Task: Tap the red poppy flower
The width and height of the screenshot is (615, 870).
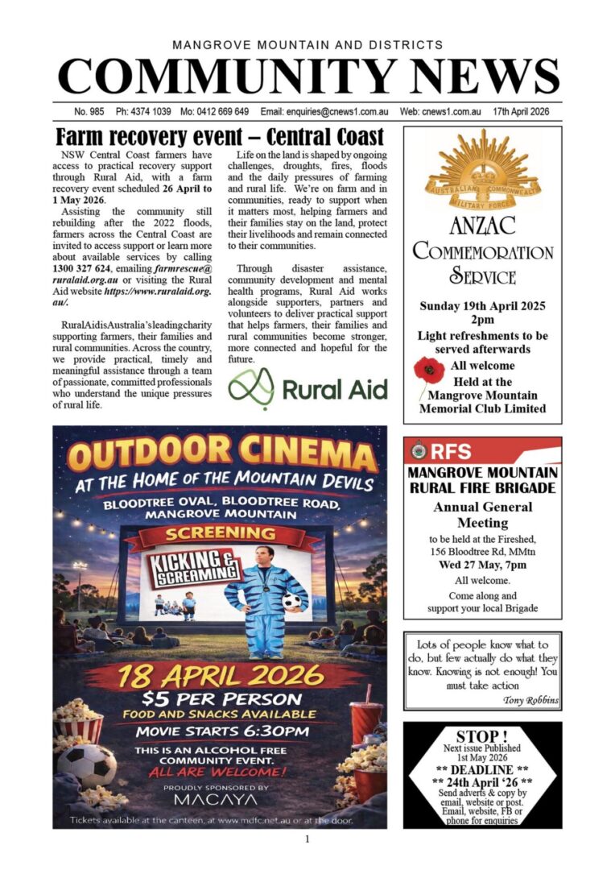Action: [428, 372]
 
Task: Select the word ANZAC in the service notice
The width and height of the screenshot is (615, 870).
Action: [482, 225]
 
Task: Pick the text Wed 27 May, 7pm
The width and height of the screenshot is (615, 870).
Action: [482, 565]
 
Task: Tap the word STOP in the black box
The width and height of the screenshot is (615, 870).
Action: [481, 736]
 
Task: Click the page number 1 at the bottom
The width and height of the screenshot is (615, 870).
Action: [307, 839]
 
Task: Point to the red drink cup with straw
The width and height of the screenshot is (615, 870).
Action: [365, 724]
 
